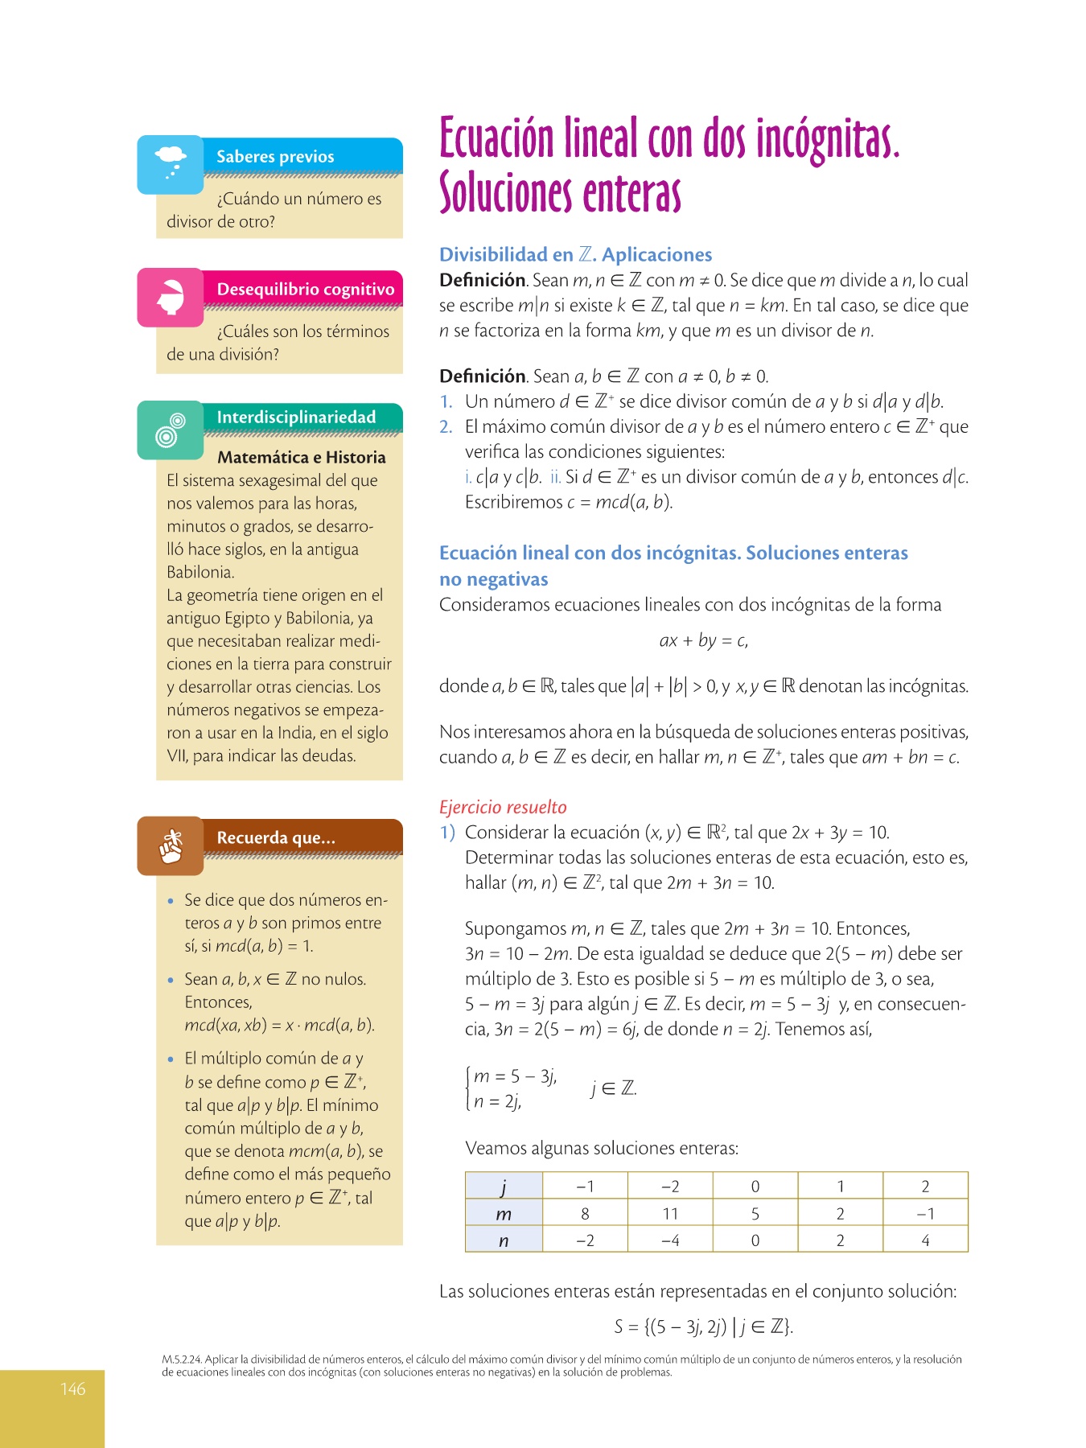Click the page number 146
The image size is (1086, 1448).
point(73,1388)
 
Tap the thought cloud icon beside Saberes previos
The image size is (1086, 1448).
point(170,163)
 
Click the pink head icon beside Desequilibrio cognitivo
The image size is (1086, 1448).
point(170,297)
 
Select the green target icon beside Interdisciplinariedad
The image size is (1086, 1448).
point(170,430)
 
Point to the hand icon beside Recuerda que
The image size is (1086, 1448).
point(170,846)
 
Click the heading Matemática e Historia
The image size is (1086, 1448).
point(301,457)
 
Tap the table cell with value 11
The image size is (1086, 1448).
point(670,1213)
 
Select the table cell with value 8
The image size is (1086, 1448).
point(585,1213)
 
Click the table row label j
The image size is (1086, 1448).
point(504,1187)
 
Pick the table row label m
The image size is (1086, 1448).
point(504,1214)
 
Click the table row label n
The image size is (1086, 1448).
point(504,1240)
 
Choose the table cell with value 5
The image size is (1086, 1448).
point(755,1213)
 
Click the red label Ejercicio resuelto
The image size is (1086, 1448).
point(503,807)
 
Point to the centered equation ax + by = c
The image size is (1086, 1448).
point(703,640)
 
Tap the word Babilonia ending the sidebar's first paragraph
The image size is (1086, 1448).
point(200,572)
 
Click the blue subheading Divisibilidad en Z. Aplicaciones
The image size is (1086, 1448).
point(575,254)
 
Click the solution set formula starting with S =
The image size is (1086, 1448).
point(703,1327)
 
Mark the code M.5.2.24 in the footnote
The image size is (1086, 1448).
point(182,1360)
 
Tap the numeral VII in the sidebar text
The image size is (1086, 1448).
point(176,755)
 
